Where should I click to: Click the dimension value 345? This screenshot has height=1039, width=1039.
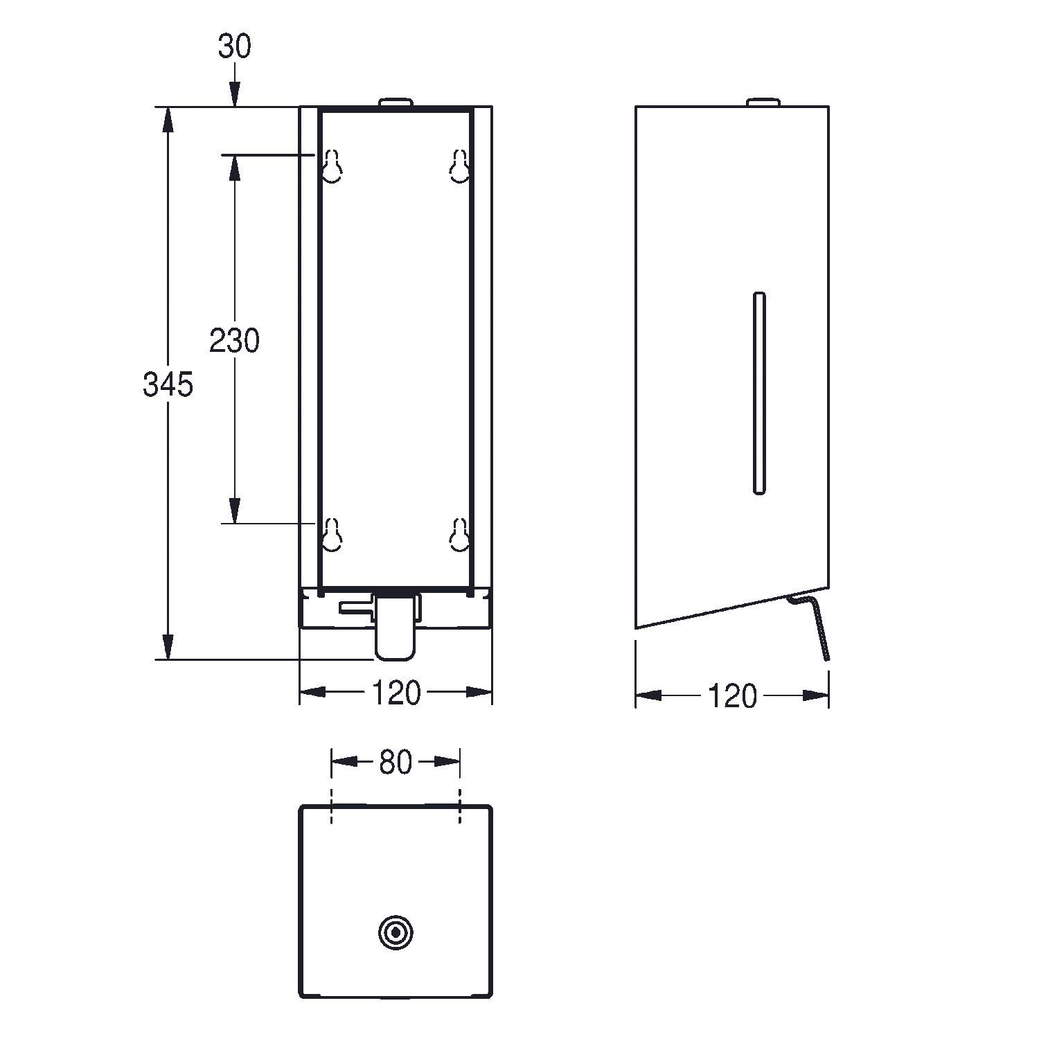168,384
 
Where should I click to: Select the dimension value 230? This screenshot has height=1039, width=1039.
235,341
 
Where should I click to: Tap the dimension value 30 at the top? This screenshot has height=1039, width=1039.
235,46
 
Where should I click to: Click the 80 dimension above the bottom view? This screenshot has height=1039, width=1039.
396,763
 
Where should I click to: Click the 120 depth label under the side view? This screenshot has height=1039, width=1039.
732,696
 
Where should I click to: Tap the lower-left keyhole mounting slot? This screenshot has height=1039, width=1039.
332,535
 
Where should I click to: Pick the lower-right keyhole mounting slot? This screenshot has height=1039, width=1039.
459,535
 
